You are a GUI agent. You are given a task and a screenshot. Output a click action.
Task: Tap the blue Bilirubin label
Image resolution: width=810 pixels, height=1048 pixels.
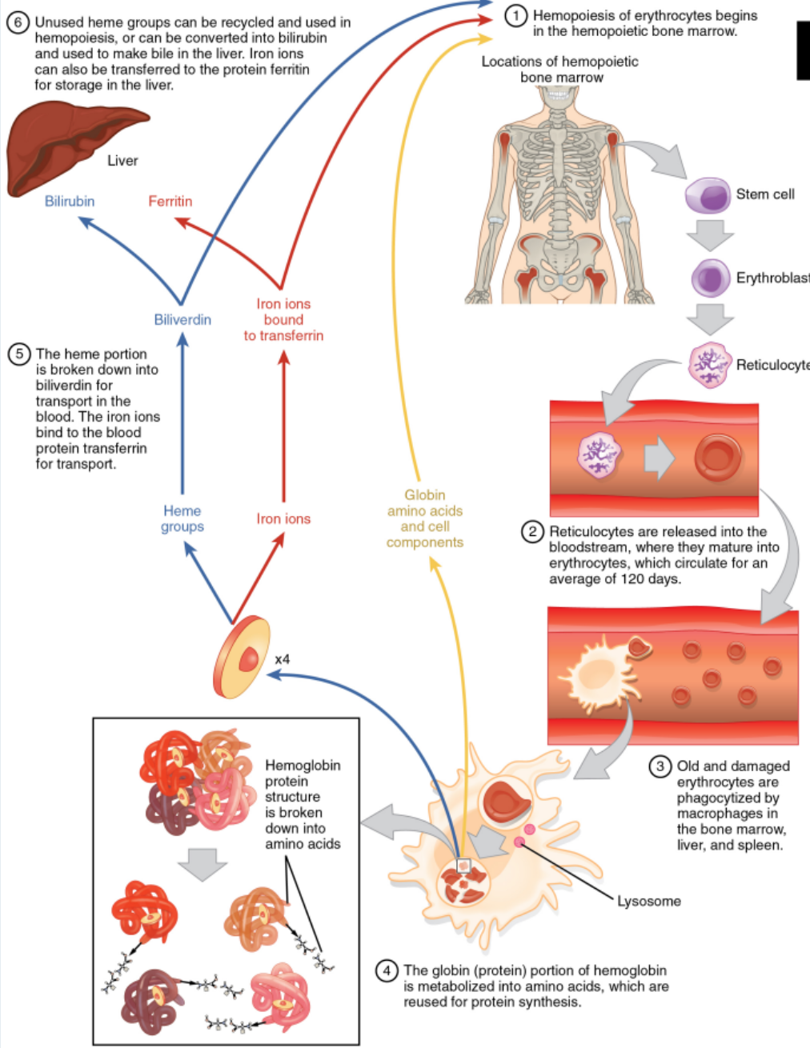[x=70, y=202]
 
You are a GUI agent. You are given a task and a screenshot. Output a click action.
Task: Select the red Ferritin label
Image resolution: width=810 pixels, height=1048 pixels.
[x=170, y=202]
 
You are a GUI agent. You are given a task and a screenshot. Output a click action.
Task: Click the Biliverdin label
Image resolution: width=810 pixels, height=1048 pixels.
[x=182, y=320]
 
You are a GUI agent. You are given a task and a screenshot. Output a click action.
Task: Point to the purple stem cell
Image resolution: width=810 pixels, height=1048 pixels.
[x=708, y=195]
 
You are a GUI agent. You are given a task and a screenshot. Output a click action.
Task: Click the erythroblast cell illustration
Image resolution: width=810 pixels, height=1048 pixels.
[x=710, y=278]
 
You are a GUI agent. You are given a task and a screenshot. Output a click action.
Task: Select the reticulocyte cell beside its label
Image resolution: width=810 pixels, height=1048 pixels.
[x=709, y=365]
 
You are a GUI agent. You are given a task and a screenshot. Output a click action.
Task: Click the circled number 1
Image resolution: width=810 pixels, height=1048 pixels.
[x=516, y=15]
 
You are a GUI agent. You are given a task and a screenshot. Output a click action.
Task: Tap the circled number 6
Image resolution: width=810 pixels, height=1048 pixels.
[x=18, y=22]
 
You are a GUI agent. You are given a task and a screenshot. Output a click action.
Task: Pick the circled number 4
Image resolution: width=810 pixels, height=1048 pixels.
[x=387, y=970]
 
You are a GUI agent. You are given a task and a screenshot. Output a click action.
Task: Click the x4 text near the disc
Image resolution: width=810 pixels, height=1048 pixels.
[x=282, y=660]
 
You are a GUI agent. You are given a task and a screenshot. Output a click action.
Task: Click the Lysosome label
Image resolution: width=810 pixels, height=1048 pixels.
[x=648, y=902]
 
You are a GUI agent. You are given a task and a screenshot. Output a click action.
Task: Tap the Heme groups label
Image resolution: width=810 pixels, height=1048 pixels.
[x=182, y=518]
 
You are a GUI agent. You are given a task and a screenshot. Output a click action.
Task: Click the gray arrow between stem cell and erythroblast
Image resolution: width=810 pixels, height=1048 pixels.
[x=709, y=235]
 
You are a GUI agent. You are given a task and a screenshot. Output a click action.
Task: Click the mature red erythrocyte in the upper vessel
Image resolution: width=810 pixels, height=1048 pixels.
[x=717, y=458]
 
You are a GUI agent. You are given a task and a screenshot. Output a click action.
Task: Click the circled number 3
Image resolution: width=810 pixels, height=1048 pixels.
[x=660, y=766]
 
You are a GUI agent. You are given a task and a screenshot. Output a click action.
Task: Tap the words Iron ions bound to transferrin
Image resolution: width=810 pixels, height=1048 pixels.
[x=283, y=320]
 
